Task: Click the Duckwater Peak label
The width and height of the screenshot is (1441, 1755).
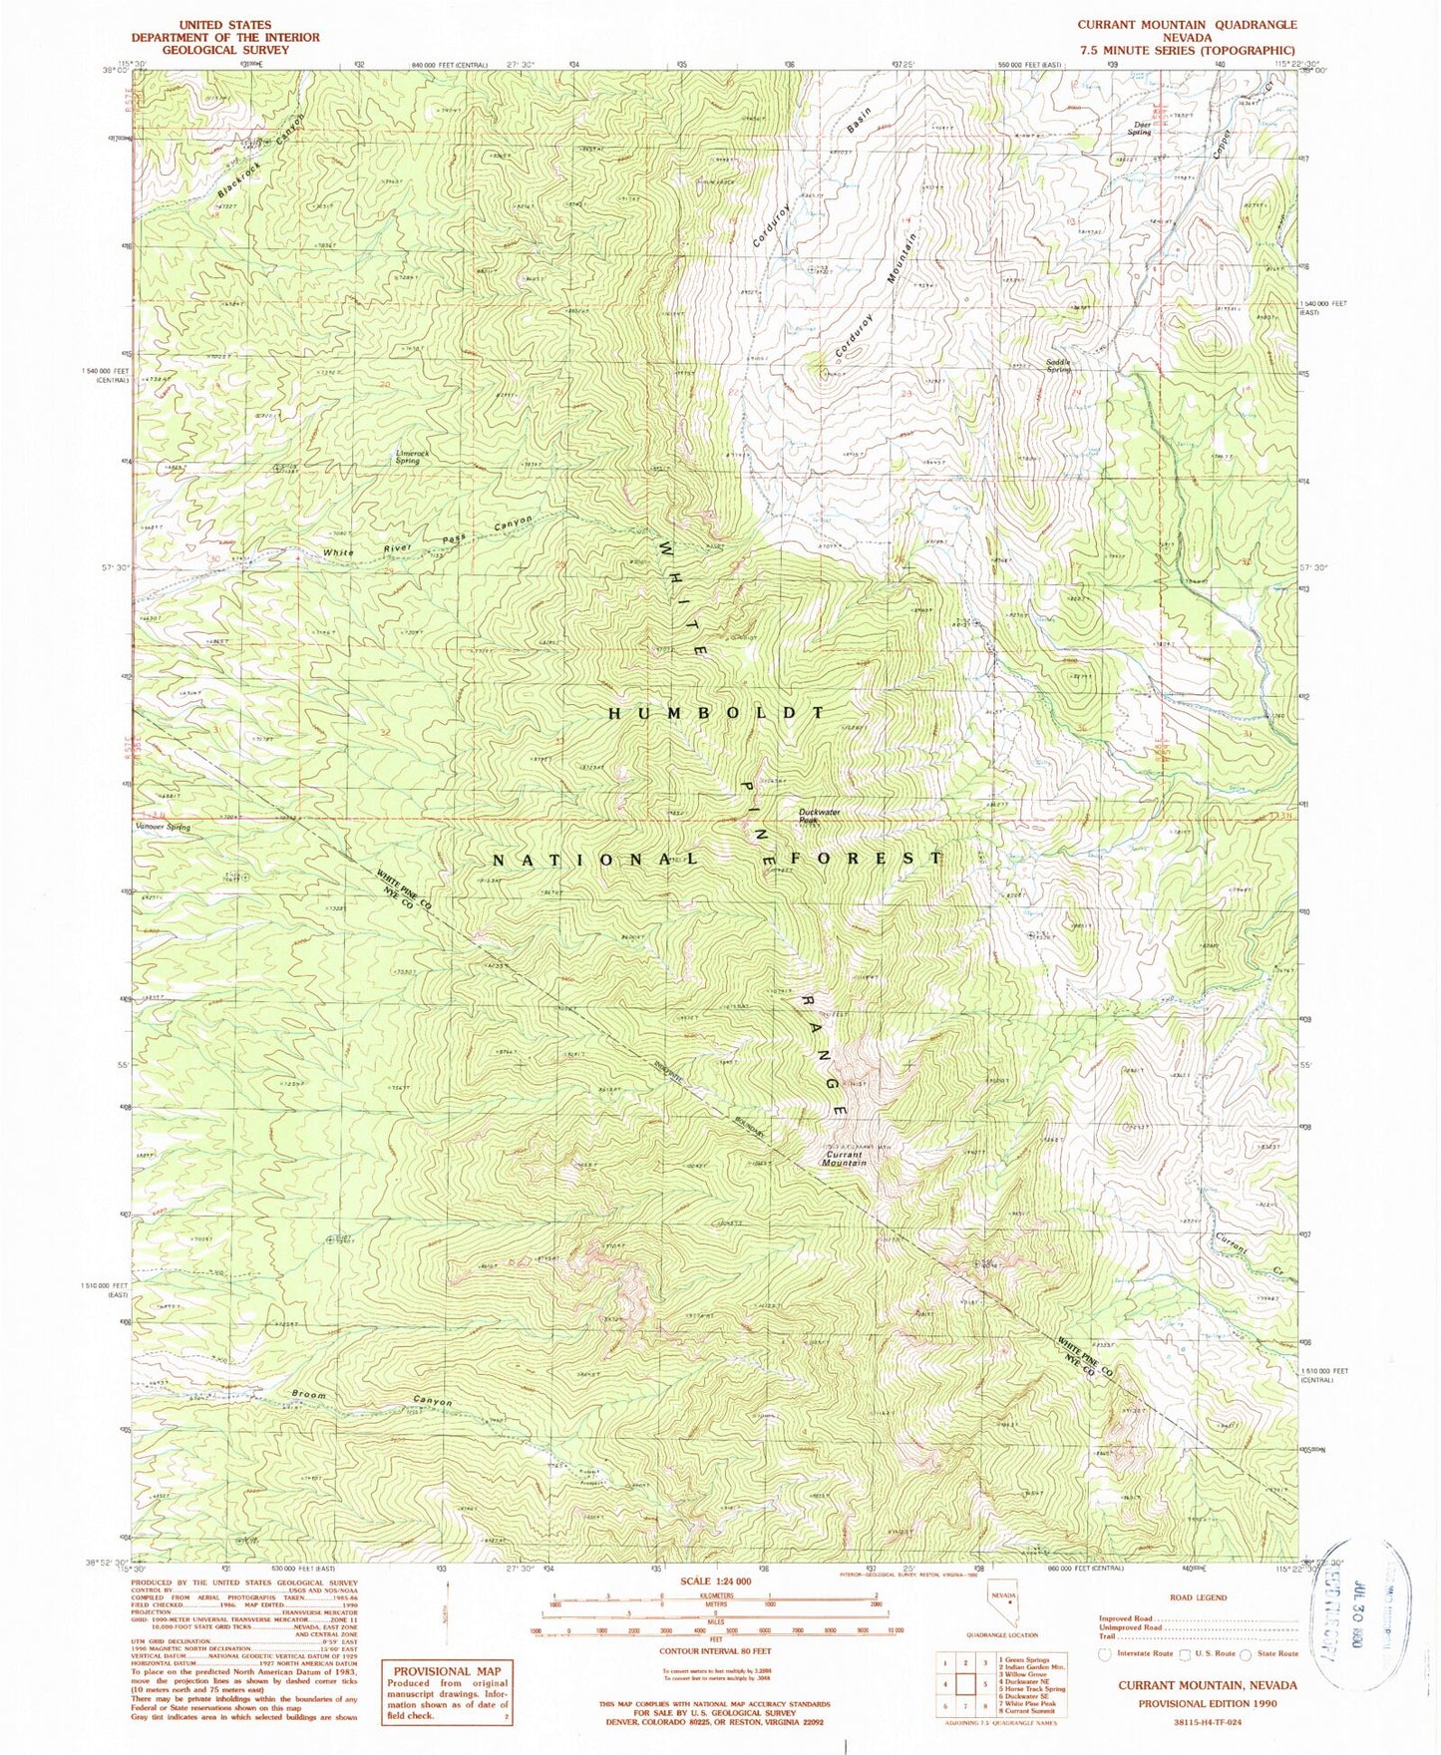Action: click(x=820, y=816)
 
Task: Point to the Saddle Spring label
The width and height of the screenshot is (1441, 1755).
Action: click(x=1058, y=365)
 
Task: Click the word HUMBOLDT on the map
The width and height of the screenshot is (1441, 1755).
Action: click(x=717, y=713)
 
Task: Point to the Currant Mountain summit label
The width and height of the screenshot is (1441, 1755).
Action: click(x=845, y=1159)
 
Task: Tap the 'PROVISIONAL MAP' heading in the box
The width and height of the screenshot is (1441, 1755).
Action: click(x=447, y=1671)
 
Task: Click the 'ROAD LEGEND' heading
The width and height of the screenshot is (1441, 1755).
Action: click(x=1198, y=1597)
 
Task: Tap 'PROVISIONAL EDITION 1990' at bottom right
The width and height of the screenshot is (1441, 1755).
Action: click(x=1208, y=1703)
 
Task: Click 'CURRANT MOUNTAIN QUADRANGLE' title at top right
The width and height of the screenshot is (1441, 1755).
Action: click(x=1187, y=24)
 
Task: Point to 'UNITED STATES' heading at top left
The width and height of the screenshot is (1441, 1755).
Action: click(x=224, y=24)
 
